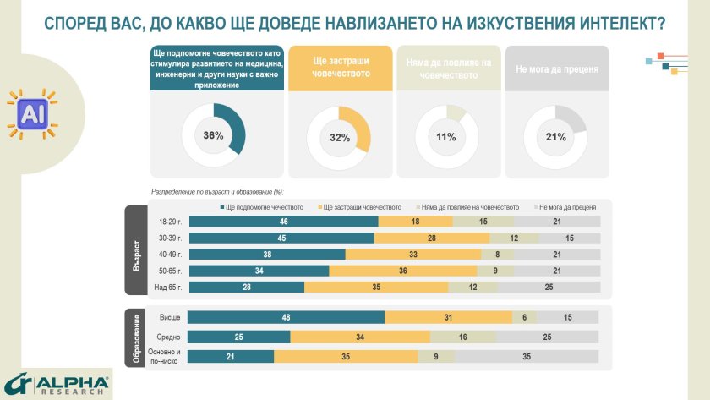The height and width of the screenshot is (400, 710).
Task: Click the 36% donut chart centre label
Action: [x=214, y=135]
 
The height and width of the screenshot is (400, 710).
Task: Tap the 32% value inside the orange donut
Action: [x=340, y=138]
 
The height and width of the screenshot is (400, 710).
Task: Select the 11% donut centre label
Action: [x=446, y=137]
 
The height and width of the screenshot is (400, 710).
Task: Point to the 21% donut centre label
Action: [x=556, y=137]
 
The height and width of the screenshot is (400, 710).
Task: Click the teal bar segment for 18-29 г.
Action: [x=283, y=222]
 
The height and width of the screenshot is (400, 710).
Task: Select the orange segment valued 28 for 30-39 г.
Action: [x=430, y=238]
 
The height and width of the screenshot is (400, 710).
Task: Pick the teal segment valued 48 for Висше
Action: [x=286, y=316]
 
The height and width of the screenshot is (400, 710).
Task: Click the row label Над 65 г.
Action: [x=167, y=288]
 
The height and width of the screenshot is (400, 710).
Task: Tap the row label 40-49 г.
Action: [x=168, y=255]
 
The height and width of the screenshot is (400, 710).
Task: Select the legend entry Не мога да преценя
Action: [x=568, y=205]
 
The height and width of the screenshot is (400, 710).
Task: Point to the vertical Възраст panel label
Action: [x=135, y=251]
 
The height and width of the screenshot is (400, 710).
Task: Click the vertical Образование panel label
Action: [x=135, y=337]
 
